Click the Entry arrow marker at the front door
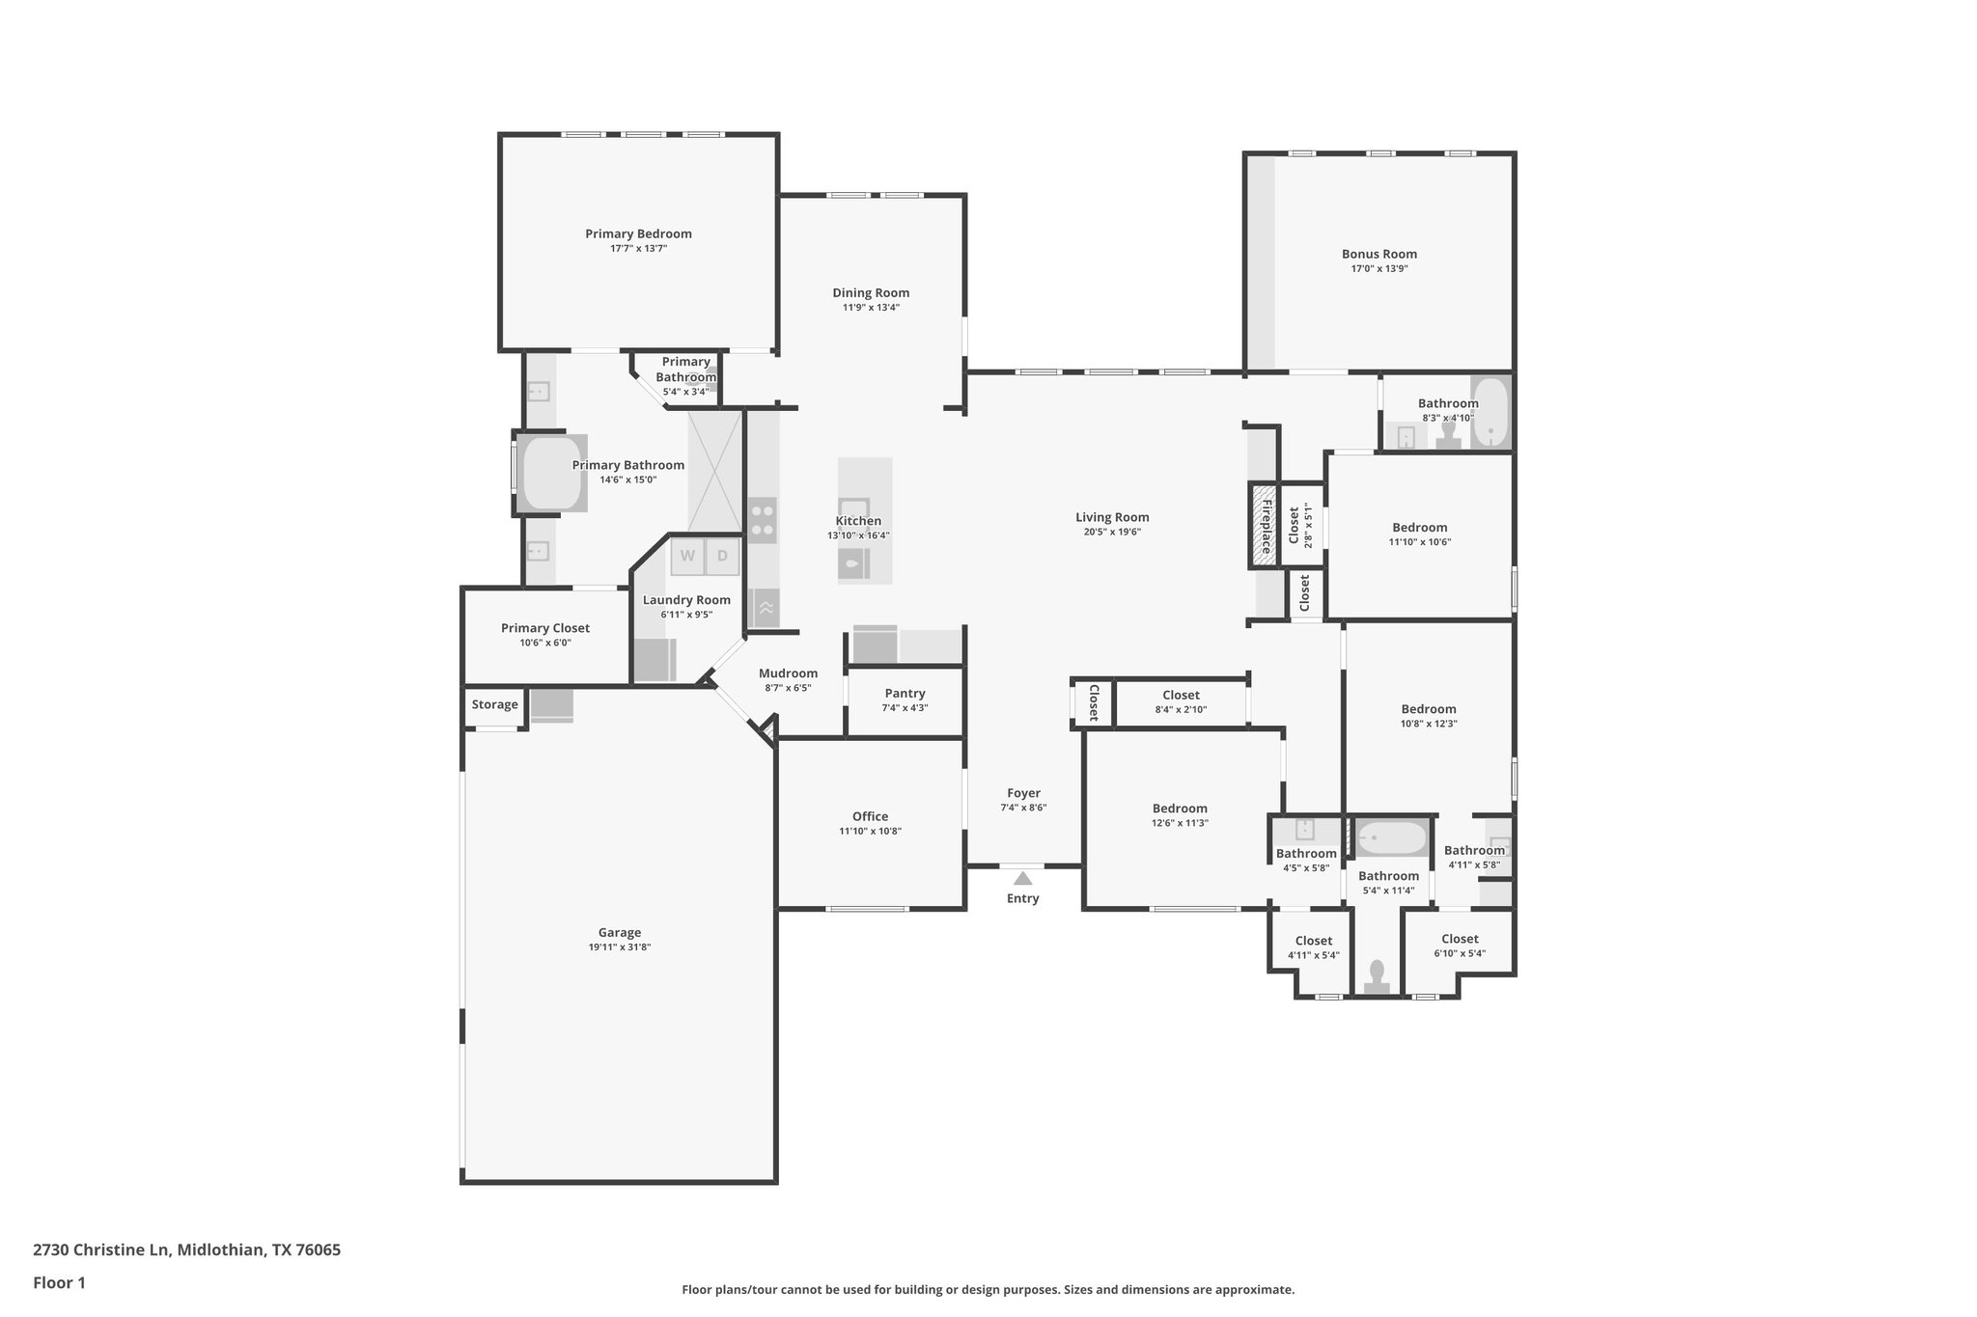(x=1022, y=878)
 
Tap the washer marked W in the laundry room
(x=688, y=556)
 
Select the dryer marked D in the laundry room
(x=722, y=556)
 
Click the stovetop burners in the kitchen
(x=763, y=520)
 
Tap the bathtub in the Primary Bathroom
(x=550, y=473)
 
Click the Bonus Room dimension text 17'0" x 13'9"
(x=1378, y=269)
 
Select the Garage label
(x=619, y=932)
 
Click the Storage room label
(x=494, y=704)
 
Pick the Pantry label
(x=905, y=693)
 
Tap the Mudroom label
(x=788, y=673)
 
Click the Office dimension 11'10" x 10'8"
(x=870, y=831)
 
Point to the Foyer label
(x=1023, y=793)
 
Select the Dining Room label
(x=871, y=292)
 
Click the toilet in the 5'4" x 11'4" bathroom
(x=1377, y=976)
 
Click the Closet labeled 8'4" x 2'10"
(x=1181, y=695)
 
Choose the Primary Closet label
(x=544, y=628)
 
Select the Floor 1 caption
(x=59, y=1282)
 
